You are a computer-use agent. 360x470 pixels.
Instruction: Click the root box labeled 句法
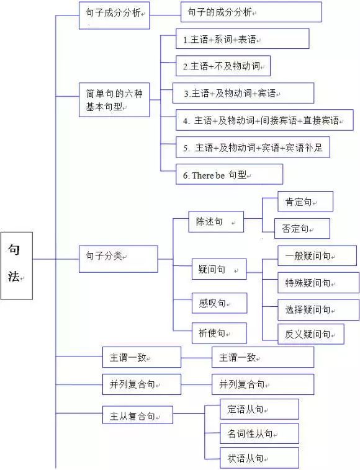pyautogui.click(x=16, y=265)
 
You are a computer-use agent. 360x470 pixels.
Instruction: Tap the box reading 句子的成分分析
pyautogui.click(x=251, y=12)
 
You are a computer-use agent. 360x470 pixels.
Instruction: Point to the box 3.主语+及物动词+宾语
pyautogui.click(x=243, y=93)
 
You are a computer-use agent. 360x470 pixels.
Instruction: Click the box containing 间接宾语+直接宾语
pyautogui.click(x=264, y=120)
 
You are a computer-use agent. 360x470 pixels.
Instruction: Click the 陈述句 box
pyautogui.click(x=216, y=221)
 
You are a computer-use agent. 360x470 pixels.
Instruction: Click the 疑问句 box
pyautogui.click(x=218, y=270)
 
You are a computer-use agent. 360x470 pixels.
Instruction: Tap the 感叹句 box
pyautogui.click(x=218, y=303)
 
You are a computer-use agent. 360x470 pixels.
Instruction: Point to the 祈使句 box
pyautogui.click(x=218, y=333)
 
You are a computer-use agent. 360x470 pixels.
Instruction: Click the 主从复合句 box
pyautogui.click(x=137, y=415)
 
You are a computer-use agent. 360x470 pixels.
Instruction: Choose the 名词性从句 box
pyautogui.click(x=259, y=433)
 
